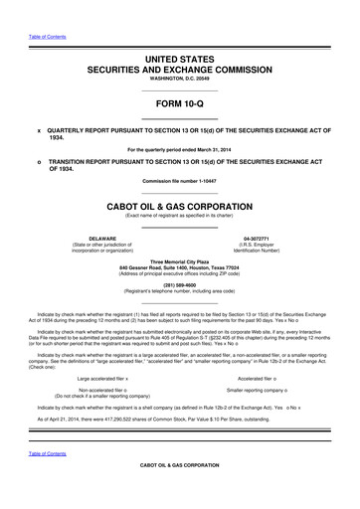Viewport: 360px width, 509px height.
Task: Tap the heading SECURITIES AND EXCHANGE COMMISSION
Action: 180,73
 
